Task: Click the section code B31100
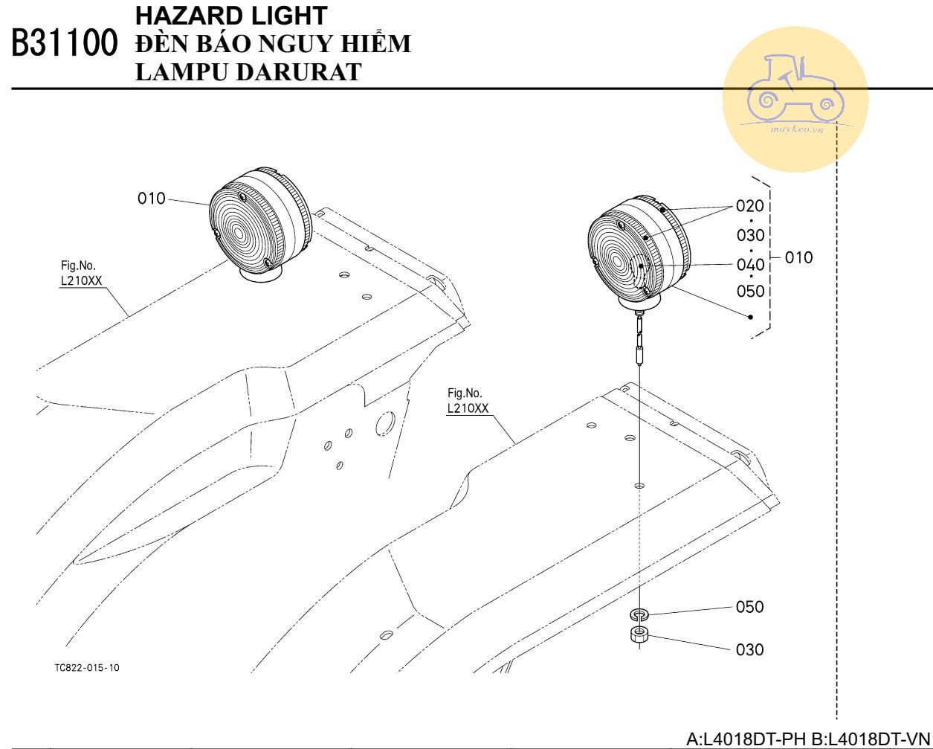[x=65, y=42]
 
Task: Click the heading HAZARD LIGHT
[x=231, y=16]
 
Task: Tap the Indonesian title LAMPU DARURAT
[x=248, y=72]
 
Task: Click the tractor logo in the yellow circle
[x=795, y=89]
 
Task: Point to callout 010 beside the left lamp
[x=152, y=199]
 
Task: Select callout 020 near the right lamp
[x=750, y=206]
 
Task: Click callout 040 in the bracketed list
[x=750, y=265]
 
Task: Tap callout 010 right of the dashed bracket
[x=798, y=257]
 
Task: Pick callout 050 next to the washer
[x=749, y=607]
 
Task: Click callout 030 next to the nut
[x=749, y=649]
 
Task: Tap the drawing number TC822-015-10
[x=87, y=668]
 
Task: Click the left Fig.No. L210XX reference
[x=81, y=273]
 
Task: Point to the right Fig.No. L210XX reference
[x=468, y=401]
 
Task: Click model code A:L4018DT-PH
[x=746, y=739]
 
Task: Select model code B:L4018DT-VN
[x=871, y=739]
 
